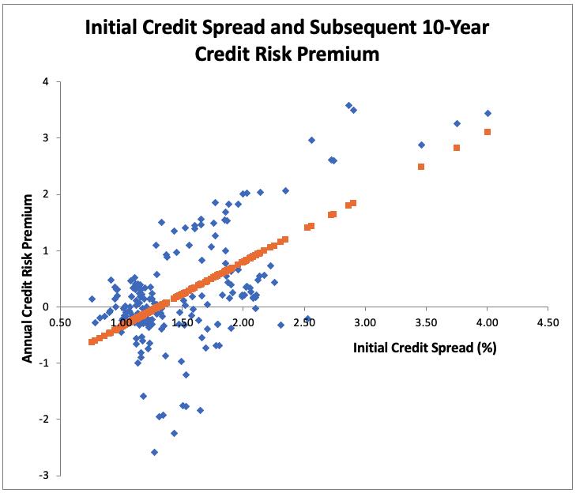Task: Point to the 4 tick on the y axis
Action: pos(47,82)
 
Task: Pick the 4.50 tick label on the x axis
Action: pos(548,323)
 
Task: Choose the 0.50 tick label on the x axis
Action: pos(59,323)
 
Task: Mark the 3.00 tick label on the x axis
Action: pos(364,323)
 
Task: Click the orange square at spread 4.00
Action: pos(488,132)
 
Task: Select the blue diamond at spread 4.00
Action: pos(488,113)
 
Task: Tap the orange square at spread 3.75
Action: pos(457,148)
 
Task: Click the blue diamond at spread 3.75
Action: pos(457,123)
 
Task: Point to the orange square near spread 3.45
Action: pos(421,167)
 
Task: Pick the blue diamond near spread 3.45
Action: pos(421,145)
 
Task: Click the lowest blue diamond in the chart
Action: pos(154,452)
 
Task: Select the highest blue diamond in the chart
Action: pos(348,105)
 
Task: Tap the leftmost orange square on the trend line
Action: pos(91,342)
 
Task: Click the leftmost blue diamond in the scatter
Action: pos(92,299)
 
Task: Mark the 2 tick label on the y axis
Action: pos(47,194)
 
